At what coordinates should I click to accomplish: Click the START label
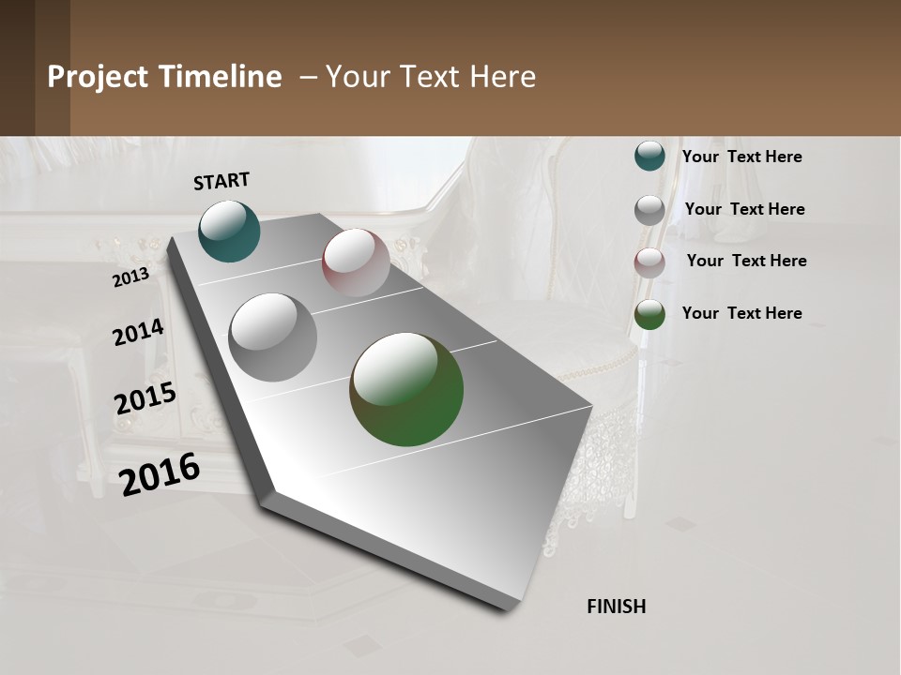221,181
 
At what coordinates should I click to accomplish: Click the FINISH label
616,607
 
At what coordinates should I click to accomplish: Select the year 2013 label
130,277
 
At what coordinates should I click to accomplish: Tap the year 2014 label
138,332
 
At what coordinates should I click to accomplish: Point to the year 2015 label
145,398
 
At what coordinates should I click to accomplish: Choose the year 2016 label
160,474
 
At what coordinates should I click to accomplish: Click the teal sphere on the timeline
229,231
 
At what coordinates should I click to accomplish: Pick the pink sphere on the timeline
356,262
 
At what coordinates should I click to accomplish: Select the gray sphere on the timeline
272,337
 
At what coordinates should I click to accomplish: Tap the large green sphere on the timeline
406,389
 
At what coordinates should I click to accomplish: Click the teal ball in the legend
649,156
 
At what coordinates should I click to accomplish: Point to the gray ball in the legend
649,209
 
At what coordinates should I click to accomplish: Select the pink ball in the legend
649,262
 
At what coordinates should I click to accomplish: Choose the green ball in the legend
649,314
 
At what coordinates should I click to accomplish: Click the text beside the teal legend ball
741,157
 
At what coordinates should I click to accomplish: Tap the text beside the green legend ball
741,313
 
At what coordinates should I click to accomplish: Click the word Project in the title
98,77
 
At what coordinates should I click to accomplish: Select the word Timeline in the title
221,77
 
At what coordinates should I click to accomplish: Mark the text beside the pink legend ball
746,261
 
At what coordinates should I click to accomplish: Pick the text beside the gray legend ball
744,209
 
